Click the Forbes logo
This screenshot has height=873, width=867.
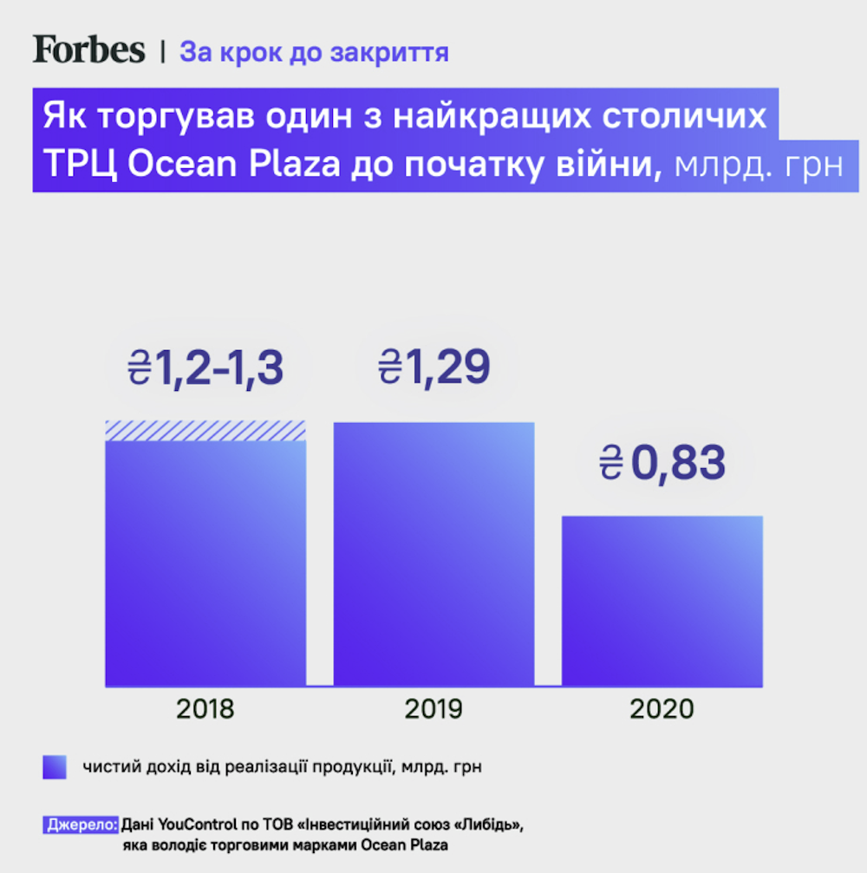pyautogui.click(x=89, y=49)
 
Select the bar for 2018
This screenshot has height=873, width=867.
pyautogui.click(x=205, y=564)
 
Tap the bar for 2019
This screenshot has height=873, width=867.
pyautogui.click(x=433, y=555)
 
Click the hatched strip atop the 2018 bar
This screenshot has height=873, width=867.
pyautogui.click(x=205, y=431)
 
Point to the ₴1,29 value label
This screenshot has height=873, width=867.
pyautogui.click(x=434, y=367)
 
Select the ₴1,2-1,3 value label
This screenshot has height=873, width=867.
pyautogui.click(x=205, y=369)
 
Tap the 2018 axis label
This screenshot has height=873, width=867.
pyautogui.click(x=205, y=709)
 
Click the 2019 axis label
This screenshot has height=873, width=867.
pyautogui.click(x=433, y=709)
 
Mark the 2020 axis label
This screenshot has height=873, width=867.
pyautogui.click(x=662, y=709)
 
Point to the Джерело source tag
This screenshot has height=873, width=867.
pyautogui.click(x=81, y=824)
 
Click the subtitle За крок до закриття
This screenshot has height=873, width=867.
pyautogui.click(x=314, y=52)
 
